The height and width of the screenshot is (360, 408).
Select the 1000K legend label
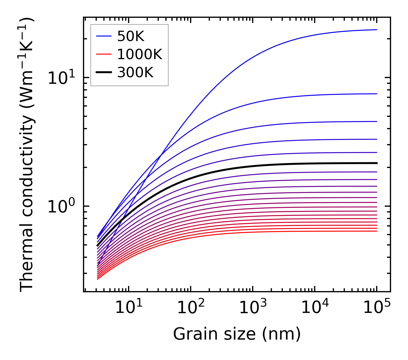point(140,54)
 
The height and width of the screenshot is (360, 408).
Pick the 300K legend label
point(135,73)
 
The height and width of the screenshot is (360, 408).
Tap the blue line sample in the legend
point(103,36)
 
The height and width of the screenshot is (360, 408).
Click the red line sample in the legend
point(103,54)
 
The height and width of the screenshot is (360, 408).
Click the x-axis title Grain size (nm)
point(237,334)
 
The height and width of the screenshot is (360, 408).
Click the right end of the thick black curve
point(376,163)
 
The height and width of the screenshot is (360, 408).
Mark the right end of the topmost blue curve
point(376,30)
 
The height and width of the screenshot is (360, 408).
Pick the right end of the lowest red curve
point(376,231)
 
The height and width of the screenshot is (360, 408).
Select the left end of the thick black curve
point(98,246)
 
